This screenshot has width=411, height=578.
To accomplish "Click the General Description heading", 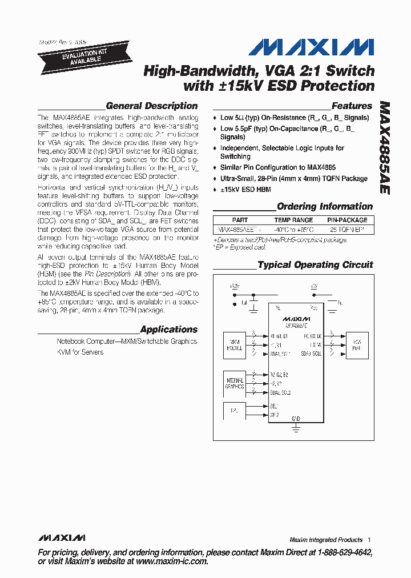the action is [152, 106].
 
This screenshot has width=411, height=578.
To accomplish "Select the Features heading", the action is [352, 106].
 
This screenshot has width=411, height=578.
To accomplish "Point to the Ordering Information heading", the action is [324, 207].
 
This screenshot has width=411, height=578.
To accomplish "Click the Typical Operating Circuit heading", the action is [315, 265].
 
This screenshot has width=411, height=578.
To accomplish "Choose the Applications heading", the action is [168, 330].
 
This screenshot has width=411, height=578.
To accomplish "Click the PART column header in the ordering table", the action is [240, 220].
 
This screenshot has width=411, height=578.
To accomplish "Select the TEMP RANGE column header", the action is [293, 220].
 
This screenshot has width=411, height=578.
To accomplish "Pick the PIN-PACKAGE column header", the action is [347, 220].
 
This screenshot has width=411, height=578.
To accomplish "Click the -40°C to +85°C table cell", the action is [293, 230].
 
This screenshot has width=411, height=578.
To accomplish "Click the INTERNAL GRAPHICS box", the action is [235, 383].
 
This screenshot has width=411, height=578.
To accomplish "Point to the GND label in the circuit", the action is [296, 419].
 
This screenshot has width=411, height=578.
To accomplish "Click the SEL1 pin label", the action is [275, 406].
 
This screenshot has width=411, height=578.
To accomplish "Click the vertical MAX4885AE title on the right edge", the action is [384, 148].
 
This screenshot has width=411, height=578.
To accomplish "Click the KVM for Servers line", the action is [80, 352].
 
